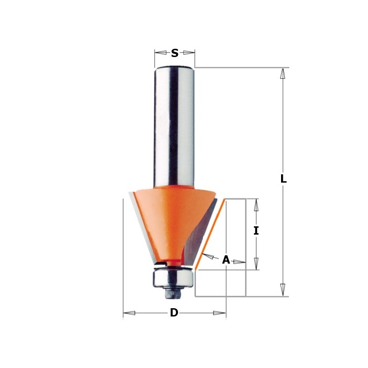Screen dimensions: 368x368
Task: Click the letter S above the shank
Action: (175, 53)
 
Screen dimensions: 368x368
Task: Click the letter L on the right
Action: (283, 179)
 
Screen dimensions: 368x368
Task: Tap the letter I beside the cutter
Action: (256, 231)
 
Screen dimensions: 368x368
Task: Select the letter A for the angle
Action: (226, 260)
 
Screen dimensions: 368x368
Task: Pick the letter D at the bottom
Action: (174, 313)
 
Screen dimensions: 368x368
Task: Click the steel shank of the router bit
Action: (174, 124)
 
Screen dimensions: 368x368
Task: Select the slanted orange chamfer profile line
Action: (210, 235)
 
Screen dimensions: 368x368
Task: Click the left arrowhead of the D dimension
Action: (129, 313)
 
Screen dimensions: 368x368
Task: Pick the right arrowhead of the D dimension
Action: (219, 313)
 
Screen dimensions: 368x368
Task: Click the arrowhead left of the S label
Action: (161, 52)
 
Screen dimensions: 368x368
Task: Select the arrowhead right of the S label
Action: (189, 52)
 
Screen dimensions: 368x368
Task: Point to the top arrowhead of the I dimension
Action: (256, 205)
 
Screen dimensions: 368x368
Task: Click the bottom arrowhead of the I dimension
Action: (256, 264)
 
